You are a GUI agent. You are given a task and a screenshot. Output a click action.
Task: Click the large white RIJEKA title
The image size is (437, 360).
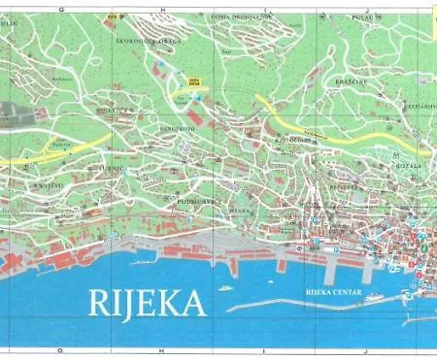click(149, 303)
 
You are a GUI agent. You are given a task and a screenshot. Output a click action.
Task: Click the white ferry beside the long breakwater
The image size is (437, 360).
click(225, 289)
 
